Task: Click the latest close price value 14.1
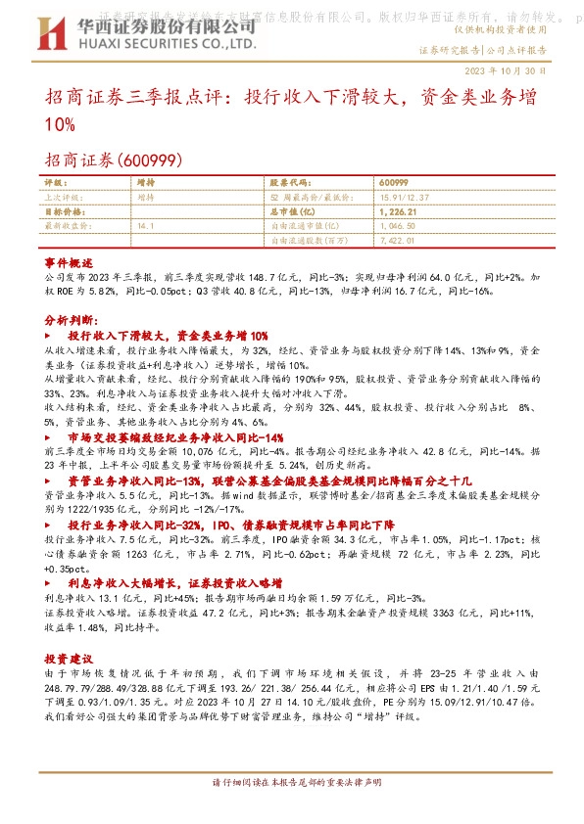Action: point(147,225)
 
